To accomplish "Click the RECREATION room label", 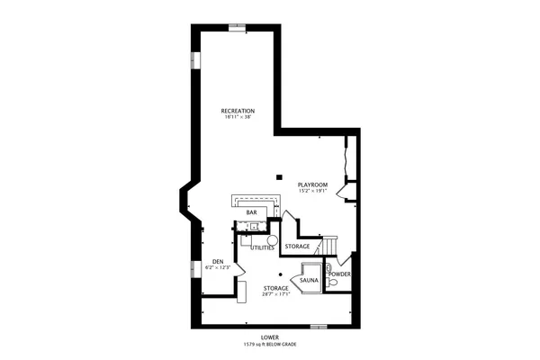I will point(238,111).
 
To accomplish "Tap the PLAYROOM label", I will point(312,184).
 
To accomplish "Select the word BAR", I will point(252,212).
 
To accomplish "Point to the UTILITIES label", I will point(262,247).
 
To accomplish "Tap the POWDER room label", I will point(339,274).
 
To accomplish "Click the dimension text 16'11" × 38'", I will point(238,117).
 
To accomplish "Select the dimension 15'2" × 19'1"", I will point(312,191).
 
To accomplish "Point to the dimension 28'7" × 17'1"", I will point(276,293).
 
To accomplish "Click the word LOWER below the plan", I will point(269,338).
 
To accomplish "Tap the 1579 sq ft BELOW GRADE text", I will point(269,345).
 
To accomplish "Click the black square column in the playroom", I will point(280,175).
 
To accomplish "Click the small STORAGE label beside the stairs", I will point(297,246).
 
